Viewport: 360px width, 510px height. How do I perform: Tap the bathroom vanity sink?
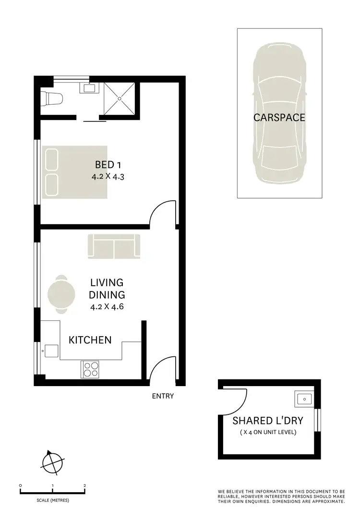(x=89, y=88)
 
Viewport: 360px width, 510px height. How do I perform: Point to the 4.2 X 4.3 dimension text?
(x=108, y=176)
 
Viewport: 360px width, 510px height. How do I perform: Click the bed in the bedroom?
(x=74, y=171)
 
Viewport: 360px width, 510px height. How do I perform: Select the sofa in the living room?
(x=114, y=246)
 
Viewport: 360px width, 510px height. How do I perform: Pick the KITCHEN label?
(x=90, y=340)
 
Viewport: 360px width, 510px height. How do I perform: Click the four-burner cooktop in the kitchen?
(x=90, y=369)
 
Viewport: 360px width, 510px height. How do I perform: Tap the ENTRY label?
(x=163, y=396)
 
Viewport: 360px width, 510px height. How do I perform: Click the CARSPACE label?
(x=279, y=117)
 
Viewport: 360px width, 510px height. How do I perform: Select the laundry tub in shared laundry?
(x=303, y=399)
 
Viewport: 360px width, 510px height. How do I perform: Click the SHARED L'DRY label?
(x=268, y=421)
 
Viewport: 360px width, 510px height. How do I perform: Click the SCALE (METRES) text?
(x=53, y=500)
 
